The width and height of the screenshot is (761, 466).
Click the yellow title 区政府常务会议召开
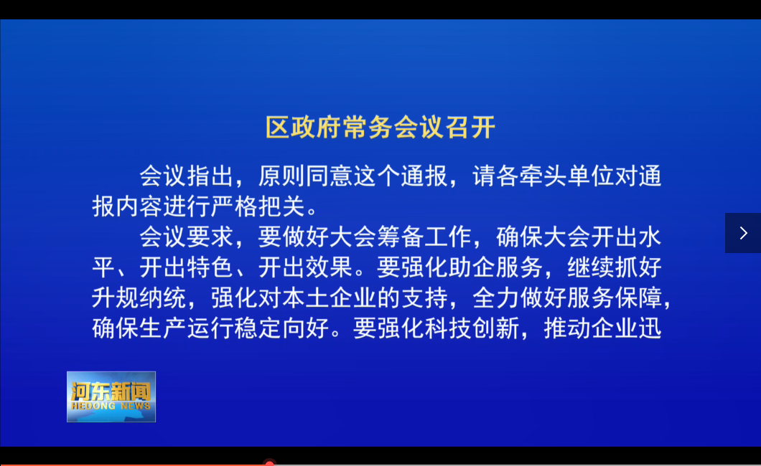(x=380, y=128)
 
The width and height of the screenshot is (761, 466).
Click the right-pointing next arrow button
(x=743, y=233)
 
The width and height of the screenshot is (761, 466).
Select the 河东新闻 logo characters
(x=111, y=391)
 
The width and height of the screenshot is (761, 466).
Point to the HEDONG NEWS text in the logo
(x=111, y=406)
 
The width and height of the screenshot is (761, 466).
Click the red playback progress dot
(x=269, y=463)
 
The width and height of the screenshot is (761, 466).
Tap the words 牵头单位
(x=567, y=176)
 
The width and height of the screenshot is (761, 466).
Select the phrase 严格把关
(x=258, y=207)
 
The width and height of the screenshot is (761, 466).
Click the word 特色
(x=210, y=267)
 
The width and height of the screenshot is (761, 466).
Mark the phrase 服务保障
(x=615, y=298)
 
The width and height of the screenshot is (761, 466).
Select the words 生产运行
(x=187, y=328)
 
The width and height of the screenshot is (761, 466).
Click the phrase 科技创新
(x=472, y=328)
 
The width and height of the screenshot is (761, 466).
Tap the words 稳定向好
(x=281, y=328)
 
